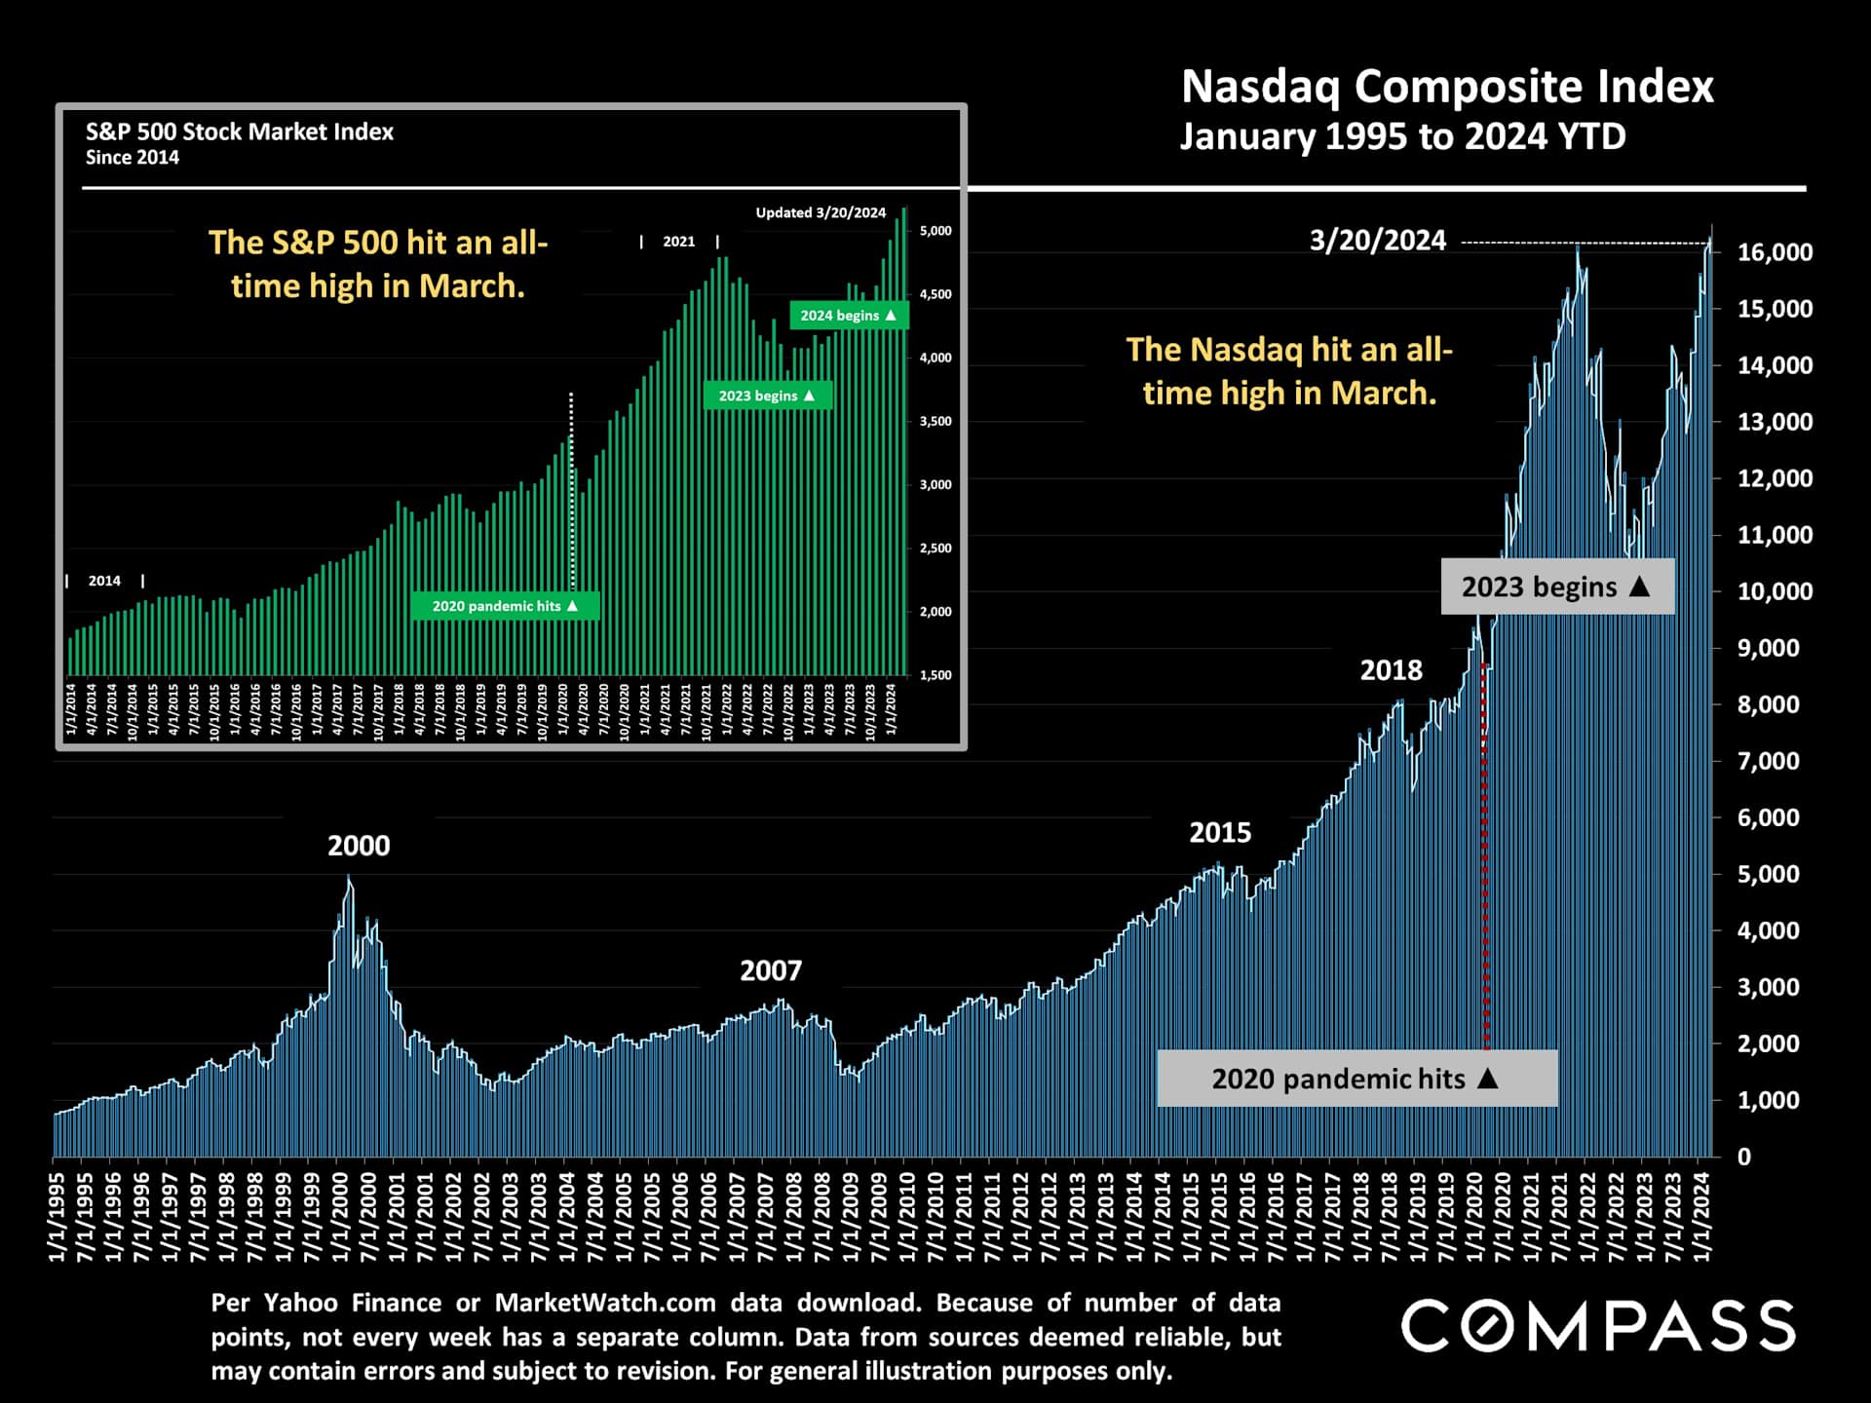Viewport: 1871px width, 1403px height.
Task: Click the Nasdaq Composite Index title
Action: [1446, 88]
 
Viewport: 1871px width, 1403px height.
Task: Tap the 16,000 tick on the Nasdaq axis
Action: [1775, 252]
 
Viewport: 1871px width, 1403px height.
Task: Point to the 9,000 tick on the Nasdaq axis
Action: [1768, 648]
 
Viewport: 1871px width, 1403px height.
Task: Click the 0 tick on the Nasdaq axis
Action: [1743, 1157]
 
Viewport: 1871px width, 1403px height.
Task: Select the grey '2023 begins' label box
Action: [1556, 587]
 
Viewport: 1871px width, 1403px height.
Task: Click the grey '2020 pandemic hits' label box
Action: [1356, 1079]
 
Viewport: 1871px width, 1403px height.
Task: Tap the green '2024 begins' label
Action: [848, 316]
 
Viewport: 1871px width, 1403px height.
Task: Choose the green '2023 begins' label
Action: [767, 396]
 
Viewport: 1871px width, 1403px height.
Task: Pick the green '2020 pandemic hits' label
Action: [505, 606]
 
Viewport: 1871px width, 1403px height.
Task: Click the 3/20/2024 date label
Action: [1377, 241]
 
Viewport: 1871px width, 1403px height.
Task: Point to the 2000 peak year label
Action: [359, 846]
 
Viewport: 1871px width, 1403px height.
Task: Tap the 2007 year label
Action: [770, 970]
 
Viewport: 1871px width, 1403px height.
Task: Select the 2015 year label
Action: [1219, 833]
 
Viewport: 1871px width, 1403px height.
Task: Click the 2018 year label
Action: [1391, 670]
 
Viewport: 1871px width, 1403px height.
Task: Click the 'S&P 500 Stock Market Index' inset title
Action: [240, 133]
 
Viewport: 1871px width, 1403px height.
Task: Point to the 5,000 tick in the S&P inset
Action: [935, 231]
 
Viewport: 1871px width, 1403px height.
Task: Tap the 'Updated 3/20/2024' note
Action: [821, 212]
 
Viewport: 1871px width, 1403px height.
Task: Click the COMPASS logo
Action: [1597, 1326]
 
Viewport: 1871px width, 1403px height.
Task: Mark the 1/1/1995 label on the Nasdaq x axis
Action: [57, 1217]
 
